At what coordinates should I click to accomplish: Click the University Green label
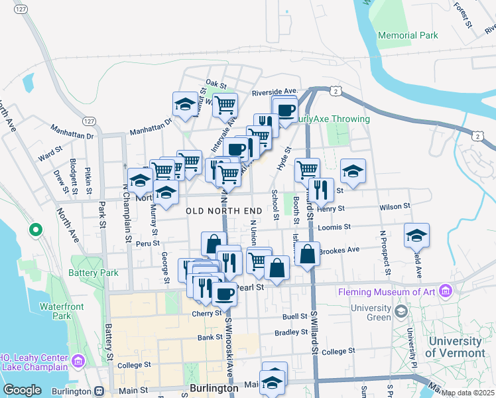(x=371, y=312)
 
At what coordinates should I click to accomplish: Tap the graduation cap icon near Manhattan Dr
(x=185, y=103)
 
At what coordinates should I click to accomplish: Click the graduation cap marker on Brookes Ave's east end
(x=416, y=235)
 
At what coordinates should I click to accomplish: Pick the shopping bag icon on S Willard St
(x=308, y=253)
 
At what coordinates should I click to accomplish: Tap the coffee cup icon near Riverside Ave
(x=286, y=110)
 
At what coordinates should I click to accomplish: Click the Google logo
(x=22, y=390)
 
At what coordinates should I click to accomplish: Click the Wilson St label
(x=391, y=207)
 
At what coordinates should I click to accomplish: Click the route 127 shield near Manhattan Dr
(x=88, y=121)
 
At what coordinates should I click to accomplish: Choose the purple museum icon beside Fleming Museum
(x=445, y=291)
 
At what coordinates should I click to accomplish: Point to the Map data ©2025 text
(x=467, y=393)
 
